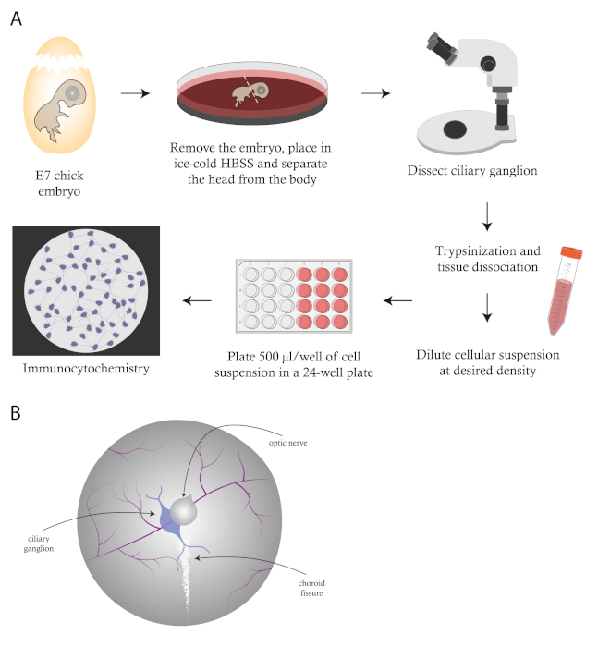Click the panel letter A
pos(16,19)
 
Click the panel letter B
pos(16,412)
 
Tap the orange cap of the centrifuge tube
pos(571,252)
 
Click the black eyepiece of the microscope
pos(442,47)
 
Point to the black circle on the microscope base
pos(455,129)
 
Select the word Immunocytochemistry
pos(86,368)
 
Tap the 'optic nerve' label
pos(288,443)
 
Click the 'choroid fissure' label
pos(311,588)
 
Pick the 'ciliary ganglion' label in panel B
pos(39,543)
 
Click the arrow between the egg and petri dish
pos(135,93)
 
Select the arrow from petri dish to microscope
pos(375,93)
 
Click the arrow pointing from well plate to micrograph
pos(197,300)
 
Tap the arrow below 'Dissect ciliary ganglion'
pos(487,216)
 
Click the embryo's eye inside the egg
pos(72,93)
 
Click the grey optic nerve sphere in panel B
pos(184,510)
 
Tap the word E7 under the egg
pos(43,176)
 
